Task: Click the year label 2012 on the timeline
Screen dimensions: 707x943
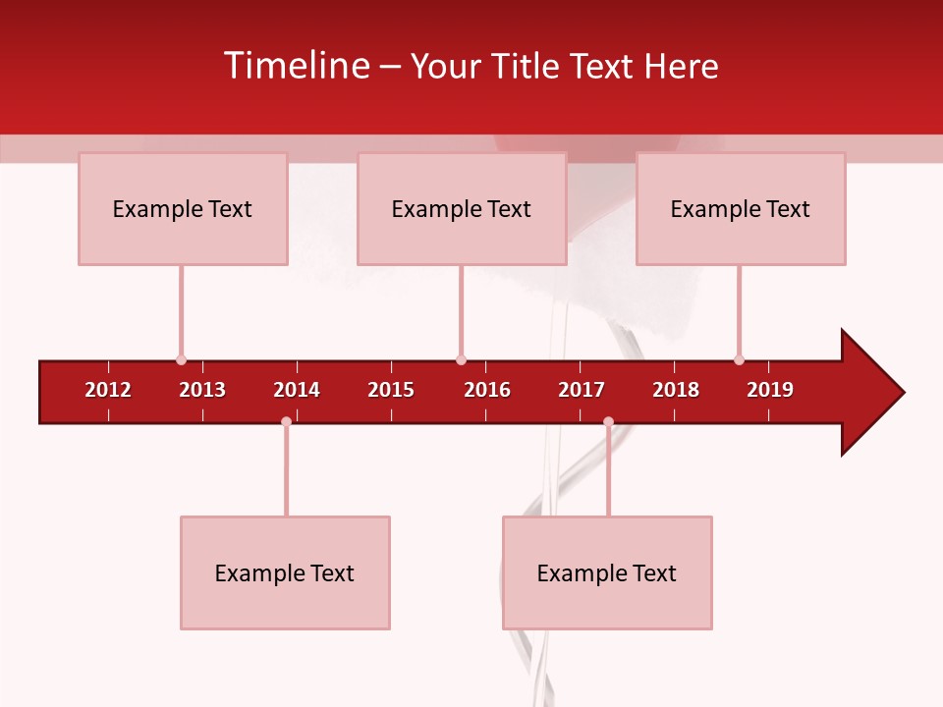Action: tap(108, 390)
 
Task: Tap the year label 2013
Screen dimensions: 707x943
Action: tap(202, 390)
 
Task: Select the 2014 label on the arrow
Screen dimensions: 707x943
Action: tap(297, 390)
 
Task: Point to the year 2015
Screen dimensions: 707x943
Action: tap(391, 390)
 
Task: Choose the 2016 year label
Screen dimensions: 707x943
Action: tap(487, 390)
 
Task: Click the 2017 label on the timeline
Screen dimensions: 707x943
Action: tap(582, 390)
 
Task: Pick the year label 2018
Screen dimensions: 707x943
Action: tap(676, 390)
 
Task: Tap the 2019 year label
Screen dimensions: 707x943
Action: tap(770, 390)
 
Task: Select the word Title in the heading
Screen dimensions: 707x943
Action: tap(527, 66)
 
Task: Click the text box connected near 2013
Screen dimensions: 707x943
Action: tap(183, 208)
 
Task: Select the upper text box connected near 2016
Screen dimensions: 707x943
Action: tap(462, 208)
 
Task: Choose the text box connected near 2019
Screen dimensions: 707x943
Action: tap(741, 208)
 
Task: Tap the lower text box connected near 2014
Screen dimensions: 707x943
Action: tap(285, 572)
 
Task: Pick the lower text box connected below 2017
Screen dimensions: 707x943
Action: tap(607, 572)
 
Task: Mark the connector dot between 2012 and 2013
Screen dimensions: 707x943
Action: tap(181, 359)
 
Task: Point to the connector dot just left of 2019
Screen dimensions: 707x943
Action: tap(739, 359)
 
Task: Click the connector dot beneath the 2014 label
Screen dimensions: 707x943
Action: tap(286, 421)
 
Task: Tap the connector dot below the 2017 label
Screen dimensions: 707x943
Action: tap(608, 421)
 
